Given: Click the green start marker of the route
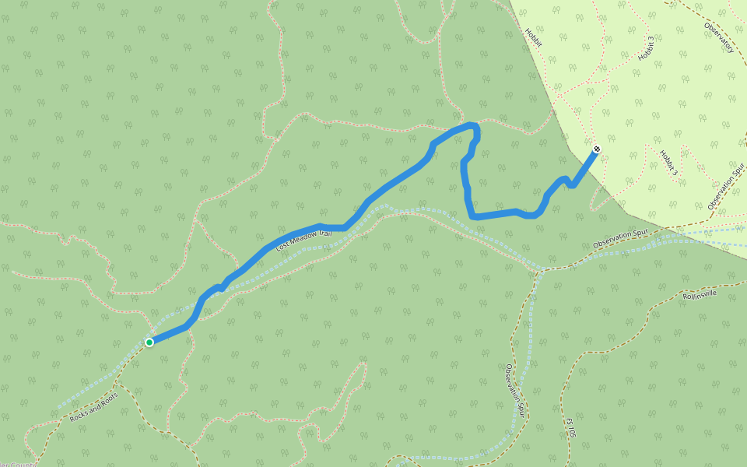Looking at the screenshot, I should click(x=149, y=342).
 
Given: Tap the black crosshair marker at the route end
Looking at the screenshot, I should click(x=597, y=149).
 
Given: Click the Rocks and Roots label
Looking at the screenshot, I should click(x=93, y=407).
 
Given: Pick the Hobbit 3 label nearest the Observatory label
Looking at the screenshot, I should click(x=646, y=48).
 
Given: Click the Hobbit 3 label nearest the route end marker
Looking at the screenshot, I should click(x=668, y=163).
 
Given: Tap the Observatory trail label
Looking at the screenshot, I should click(x=719, y=37).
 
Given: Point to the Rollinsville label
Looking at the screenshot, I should click(x=699, y=296).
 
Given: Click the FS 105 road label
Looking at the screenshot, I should click(x=570, y=427).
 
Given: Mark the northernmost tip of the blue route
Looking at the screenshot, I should click(x=470, y=125).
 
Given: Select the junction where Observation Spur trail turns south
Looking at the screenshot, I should click(x=542, y=270).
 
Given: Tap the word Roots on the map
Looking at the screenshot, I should click(x=107, y=399).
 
